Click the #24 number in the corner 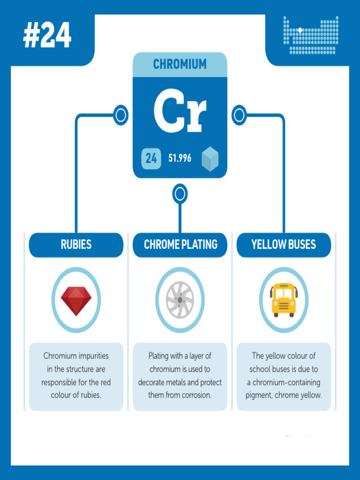[47, 35]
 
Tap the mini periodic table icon [311, 35]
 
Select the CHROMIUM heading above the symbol [180, 64]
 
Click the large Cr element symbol [180, 111]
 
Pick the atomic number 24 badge [151, 158]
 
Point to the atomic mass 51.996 [180, 158]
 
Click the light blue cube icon [210, 158]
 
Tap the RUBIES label [76, 245]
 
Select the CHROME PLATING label [180, 245]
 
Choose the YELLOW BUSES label [284, 245]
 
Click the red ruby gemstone [76, 301]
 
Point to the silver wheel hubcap [180, 300]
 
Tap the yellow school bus [284, 300]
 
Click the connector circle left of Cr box [120, 115]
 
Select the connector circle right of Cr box [239, 115]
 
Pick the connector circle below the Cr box [180, 194]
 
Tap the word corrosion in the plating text [196, 395]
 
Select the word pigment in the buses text [259, 396]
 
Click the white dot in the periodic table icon [300, 30]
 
